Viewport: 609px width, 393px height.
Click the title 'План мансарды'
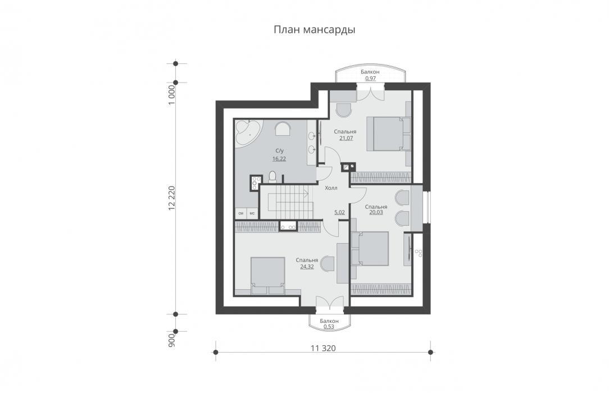click(315, 30)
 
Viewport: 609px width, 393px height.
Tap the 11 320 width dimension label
click(323, 348)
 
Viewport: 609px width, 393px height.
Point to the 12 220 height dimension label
click(172, 198)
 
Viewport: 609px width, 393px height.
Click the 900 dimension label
click(172, 340)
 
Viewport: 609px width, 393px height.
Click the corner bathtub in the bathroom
click(247, 132)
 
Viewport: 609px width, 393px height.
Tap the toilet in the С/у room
click(272, 176)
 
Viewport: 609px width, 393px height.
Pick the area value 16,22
click(279, 159)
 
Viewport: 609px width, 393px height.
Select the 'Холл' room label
click(331, 188)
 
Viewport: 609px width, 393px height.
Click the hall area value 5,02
click(339, 212)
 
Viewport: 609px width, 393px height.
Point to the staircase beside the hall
click(287, 202)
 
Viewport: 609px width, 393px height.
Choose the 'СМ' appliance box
click(240, 213)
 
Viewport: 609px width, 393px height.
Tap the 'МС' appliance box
click(252, 213)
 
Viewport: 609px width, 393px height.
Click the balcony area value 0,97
click(370, 79)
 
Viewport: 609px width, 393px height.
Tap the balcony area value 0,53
click(329, 327)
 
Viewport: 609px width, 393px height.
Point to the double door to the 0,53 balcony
click(329, 303)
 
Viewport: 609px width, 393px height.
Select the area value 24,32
click(307, 267)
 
